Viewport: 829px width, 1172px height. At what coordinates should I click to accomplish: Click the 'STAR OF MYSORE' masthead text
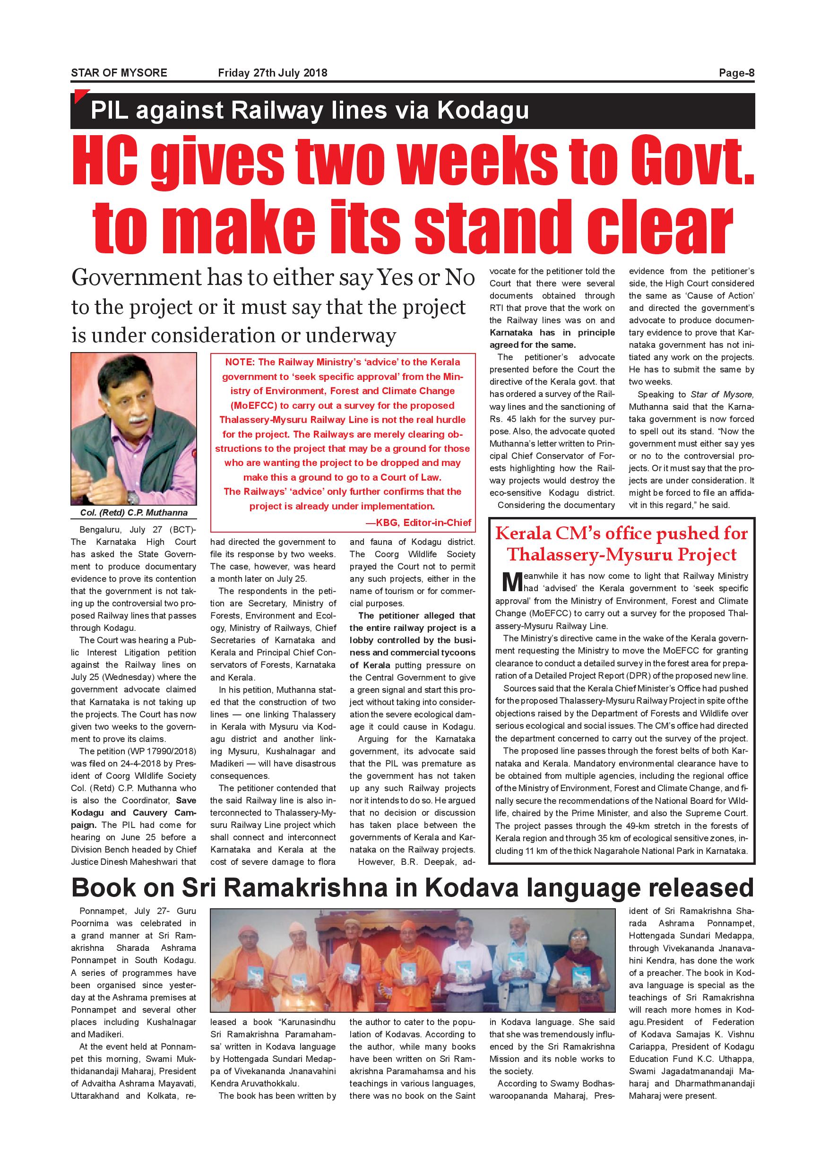(119, 73)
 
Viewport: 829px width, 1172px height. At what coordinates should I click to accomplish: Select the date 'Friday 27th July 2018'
(273, 73)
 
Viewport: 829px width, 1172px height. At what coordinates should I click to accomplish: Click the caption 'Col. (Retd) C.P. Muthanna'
(134, 512)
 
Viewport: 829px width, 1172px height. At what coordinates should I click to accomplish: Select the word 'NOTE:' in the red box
(240, 362)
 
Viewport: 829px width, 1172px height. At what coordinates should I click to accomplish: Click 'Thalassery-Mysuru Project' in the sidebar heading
(622, 555)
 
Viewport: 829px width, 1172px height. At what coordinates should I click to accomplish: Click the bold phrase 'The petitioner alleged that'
(416, 616)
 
